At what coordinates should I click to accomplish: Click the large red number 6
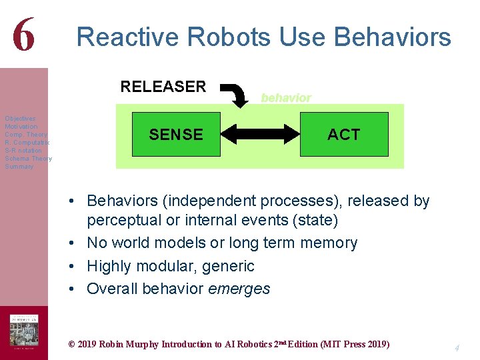23,35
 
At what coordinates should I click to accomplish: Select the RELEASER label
163,87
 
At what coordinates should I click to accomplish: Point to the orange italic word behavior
285,98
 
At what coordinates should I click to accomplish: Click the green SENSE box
176,135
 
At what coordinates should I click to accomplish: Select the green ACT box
343,135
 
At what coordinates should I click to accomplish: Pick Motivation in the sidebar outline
21,127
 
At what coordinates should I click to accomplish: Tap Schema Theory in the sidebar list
28,159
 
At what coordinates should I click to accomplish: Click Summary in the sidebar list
19,167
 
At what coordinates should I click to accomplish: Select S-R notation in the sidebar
23,151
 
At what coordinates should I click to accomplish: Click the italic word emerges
239,289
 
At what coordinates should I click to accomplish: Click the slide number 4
457,347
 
